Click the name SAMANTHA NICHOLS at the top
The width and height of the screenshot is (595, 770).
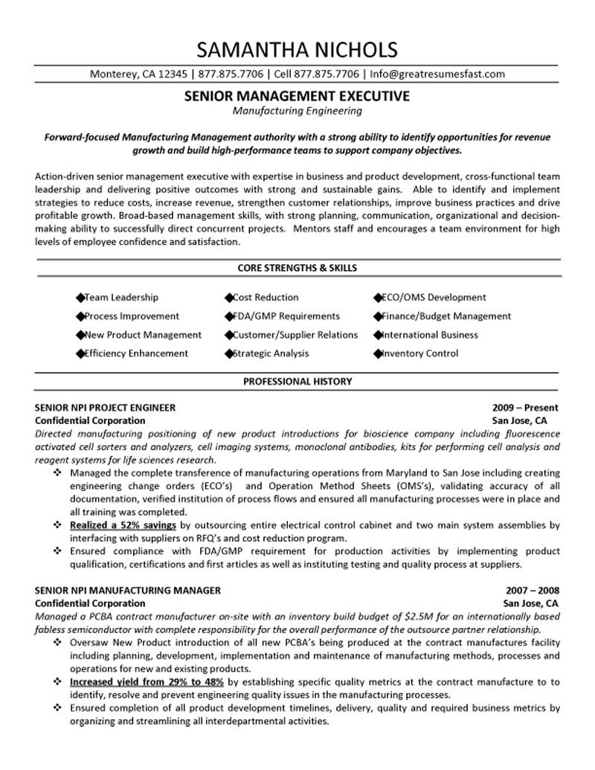(x=297, y=50)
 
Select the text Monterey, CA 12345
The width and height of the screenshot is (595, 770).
(x=138, y=74)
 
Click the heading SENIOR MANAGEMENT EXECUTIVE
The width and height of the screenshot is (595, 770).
(x=297, y=97)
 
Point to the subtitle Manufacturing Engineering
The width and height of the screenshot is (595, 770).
(x=297, y=111)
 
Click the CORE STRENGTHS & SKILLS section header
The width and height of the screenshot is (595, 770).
(x=297, y=267)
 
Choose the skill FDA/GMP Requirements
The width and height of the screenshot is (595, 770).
(x=286, y=316)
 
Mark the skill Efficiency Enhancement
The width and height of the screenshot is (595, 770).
(x=136, y=353)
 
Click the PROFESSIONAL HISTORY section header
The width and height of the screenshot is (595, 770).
(x=297, y=382)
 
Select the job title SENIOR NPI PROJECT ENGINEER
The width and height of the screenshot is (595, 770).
(x=106, y=408)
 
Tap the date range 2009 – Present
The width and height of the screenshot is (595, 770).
(x=525, y=408)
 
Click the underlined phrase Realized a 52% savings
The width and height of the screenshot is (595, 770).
(x=123, y=524)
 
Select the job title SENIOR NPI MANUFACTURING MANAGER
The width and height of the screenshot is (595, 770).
(x=127, y=590)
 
